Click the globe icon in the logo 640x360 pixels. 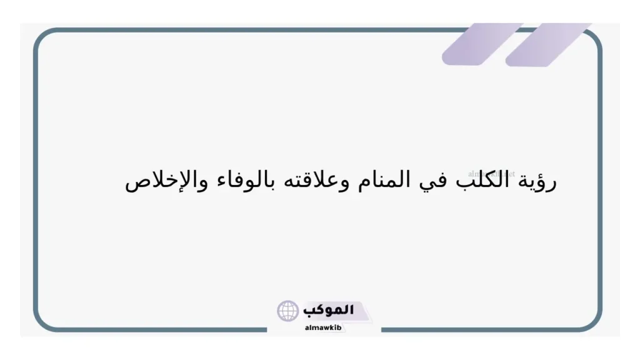(x=288, y=311)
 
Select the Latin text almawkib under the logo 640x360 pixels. (x=323, y=326)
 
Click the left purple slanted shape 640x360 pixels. (x=481, y=44)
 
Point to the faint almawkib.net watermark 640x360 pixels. (x=491, y=174)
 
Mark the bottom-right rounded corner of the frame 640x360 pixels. (x=594, y=322)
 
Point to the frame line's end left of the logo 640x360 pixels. (x=267, y=329)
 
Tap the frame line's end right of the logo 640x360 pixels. (x=382, y=329)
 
